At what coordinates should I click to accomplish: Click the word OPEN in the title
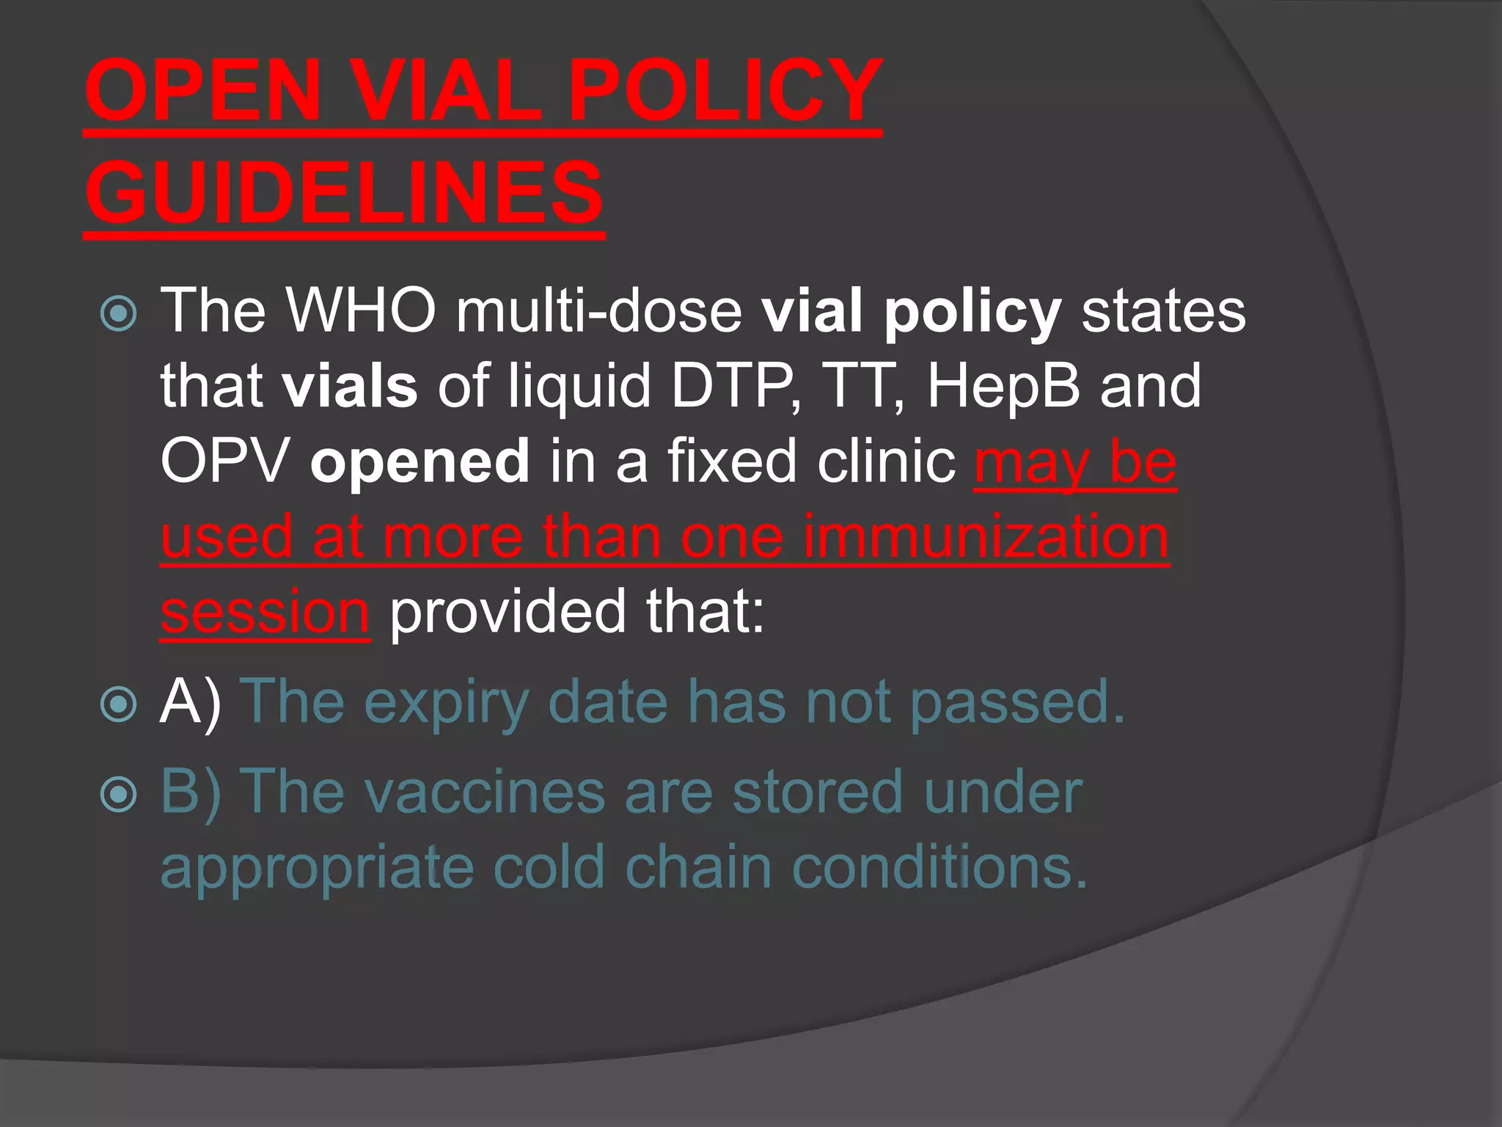tap(203, 92)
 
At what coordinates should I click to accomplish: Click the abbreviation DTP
tap(734, 386)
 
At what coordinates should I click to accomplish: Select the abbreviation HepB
tap(1003, 386)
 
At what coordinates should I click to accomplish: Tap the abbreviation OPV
tap(224, 462)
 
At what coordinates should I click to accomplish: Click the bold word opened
tap(420, 462)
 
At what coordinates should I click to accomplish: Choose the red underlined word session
tap(265, 613)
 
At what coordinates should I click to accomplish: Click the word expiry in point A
tap(446, 703)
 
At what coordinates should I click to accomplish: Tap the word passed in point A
tap(1017, 703)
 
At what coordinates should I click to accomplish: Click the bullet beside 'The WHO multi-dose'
tap(118, 314)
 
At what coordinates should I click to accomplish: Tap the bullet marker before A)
tap(118, 705)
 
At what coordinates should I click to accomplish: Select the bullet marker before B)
tap(118, 795)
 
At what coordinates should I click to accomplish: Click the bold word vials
tap(351, 386)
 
